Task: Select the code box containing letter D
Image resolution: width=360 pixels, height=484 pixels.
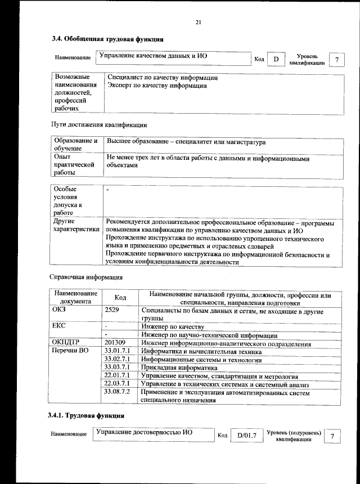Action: coord(276,59)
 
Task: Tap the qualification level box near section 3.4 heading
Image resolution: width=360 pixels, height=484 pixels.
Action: coord(336,59)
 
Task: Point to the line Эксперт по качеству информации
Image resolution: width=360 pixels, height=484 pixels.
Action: coord(157,86)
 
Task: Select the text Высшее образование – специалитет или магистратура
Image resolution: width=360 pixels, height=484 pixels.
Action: coord(186,143)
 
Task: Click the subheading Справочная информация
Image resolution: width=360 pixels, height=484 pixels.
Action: coord(85,277)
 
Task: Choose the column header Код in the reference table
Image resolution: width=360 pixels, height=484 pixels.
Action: coord(120,297)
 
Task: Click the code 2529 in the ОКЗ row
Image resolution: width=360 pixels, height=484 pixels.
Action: coord(112,310)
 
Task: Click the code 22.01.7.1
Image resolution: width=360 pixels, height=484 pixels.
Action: coord(118,375)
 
